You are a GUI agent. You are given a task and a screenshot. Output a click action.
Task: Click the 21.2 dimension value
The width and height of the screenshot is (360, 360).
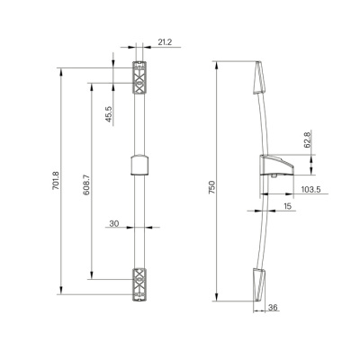pyautogui.click(x=165, y=42)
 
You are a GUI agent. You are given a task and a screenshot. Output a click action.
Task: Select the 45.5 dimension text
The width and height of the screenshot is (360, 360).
pyautogui.click(x=109, y=114)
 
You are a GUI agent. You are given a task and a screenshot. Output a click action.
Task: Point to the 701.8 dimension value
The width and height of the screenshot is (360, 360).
pyautogui.click(x=56, y=181)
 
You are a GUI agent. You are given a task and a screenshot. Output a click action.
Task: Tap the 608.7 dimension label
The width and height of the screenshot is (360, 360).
pyautogui.click(x=86, y=186)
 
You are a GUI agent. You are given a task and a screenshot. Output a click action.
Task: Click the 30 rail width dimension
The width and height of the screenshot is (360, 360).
pyautogui.click(x=114, y=223)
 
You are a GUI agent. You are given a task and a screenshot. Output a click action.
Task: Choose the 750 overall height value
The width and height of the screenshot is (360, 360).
pyautogui.click(x=212, y=187)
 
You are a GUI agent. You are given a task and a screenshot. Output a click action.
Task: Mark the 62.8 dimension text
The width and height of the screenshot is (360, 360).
pyautogui.click(x=307, y=140)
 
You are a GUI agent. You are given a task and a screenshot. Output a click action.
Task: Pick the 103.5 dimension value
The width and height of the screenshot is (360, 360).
pyautogui.click(x=310, y=189)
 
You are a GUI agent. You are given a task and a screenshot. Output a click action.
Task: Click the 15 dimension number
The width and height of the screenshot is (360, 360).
pyautogui.click(x=287, y=206)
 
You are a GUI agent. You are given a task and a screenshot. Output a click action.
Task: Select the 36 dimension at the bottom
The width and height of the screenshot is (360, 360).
pyautogui.click(x=273, y=308)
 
